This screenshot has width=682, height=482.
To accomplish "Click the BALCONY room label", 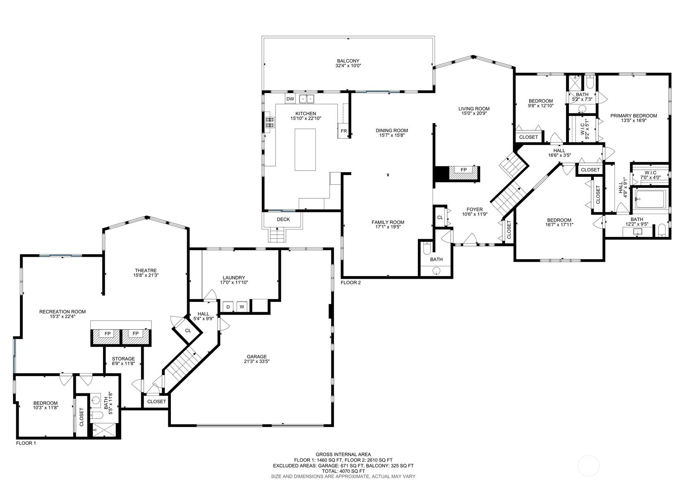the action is (x=348, y=61).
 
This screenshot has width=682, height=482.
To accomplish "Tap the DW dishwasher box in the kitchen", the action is (x=290, y=99).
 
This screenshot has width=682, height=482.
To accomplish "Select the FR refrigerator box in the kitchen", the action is (x=343, y=131).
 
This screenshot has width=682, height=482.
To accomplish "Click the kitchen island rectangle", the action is (x=305, y=149).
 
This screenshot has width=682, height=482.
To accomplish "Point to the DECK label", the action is (x=283, y=219).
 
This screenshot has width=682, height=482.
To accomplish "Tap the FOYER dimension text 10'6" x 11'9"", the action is (x=475, y=214).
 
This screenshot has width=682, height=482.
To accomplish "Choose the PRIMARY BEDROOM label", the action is (x=634, y=116).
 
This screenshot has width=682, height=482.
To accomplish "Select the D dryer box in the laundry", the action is (x=228, y=307).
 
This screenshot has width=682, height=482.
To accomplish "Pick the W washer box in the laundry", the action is (x=242, y=307).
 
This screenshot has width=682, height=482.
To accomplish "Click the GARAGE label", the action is (x=257, y=357).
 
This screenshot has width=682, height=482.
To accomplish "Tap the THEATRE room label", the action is (x=146, y=270).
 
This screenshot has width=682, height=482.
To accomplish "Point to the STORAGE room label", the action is (x=123, y=359).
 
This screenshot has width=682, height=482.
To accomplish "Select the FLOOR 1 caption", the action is (x=26, y=443).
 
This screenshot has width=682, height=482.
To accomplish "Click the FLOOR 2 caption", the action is (x=351, y=283).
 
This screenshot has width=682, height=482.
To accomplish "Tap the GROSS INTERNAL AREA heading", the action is (x=343, y=455).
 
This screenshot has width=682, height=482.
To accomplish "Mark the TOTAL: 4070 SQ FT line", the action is (x=343, y=471).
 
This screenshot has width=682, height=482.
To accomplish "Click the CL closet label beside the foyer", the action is (x=440, y=217).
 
